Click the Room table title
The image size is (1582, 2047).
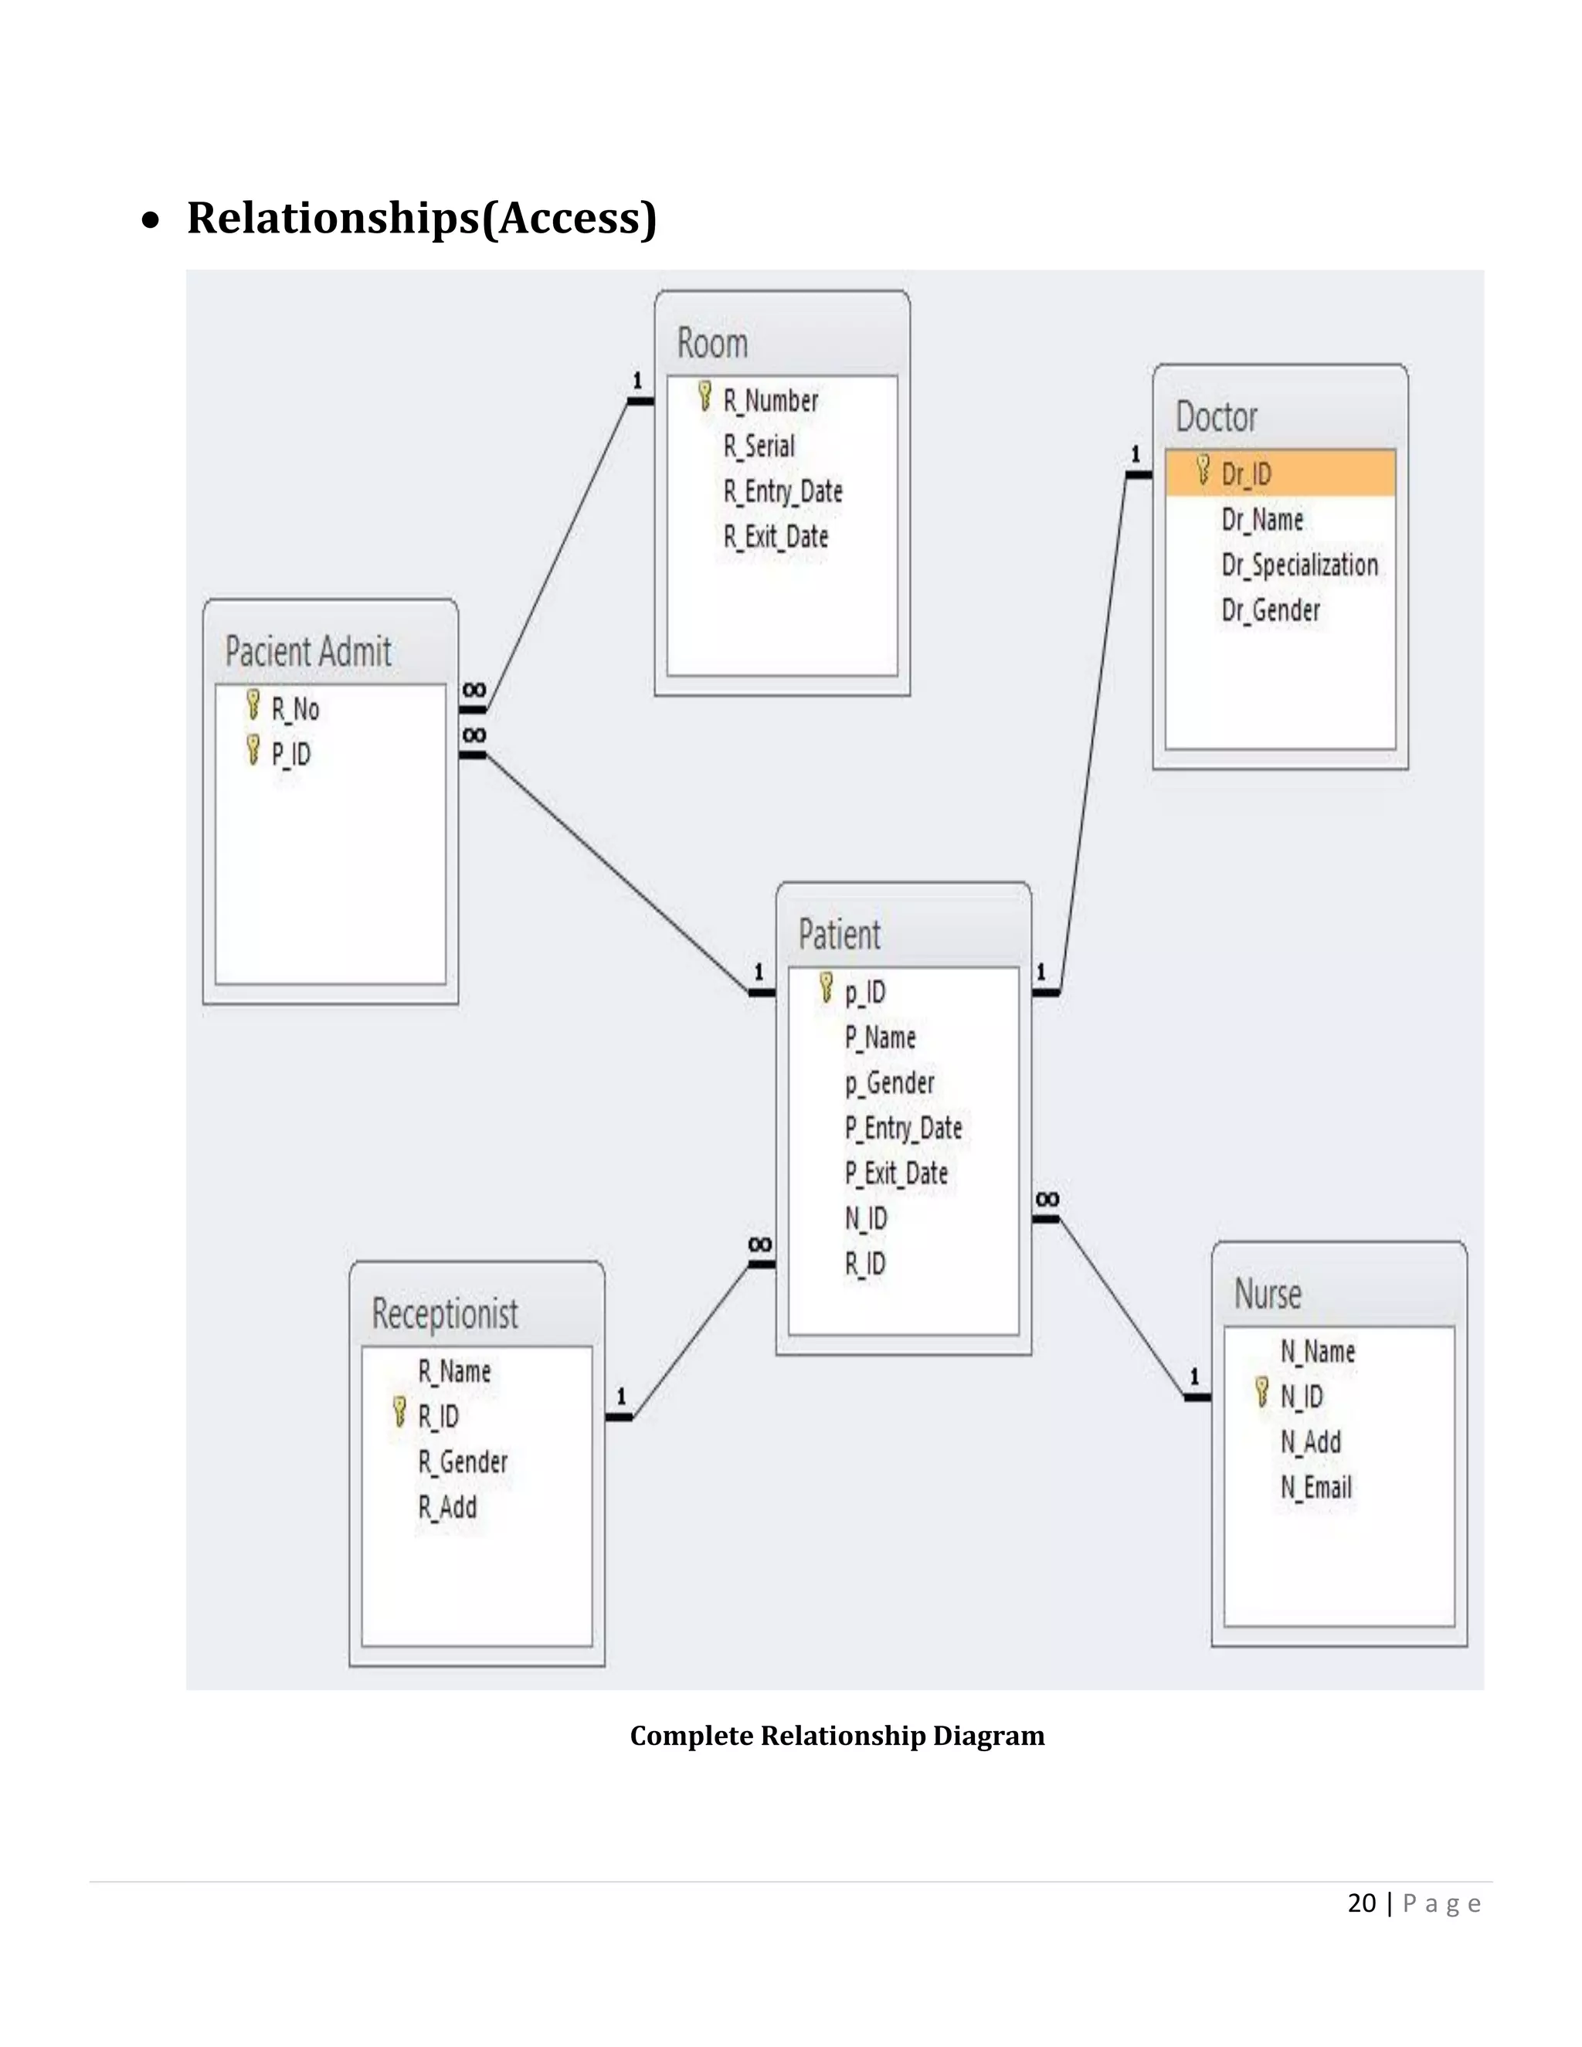pos(712,343)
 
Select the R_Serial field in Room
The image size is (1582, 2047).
pos(759,446)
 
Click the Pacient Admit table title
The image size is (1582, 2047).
pos(308,651)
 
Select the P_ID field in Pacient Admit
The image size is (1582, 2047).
pos(290,754)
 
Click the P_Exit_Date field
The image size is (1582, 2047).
pos(896,1173)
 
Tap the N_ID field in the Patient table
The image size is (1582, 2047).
pos(865,1217)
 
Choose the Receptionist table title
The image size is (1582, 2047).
pos(444,1313)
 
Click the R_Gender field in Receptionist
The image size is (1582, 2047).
pos(462,1461)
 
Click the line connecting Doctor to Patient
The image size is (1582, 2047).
pos(1094,731)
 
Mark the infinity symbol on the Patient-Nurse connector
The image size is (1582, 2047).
pos(1047,1199)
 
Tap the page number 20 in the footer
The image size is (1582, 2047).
pos(1361,1903)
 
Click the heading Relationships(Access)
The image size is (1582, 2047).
pos(422,218)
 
